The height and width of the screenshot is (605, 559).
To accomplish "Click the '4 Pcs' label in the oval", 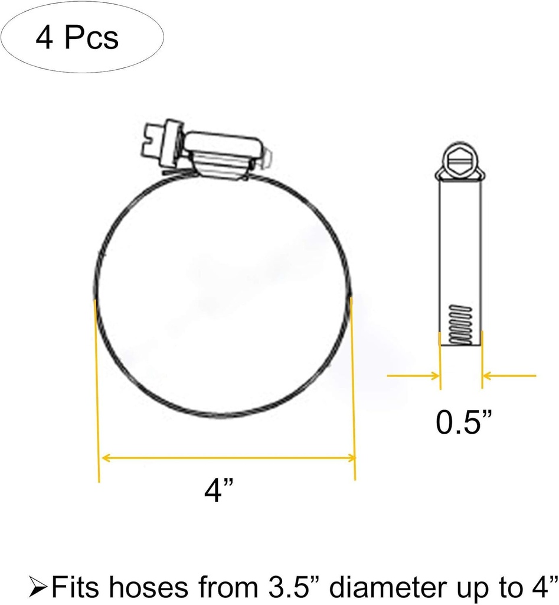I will [x=77, y=38].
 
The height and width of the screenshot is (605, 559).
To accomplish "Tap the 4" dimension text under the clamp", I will [x=218, y=490].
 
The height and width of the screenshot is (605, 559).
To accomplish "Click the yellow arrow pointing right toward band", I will [x=413, y=375].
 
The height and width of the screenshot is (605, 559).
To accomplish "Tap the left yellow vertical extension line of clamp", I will [x=97, y=390].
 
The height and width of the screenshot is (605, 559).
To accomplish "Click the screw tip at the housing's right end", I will [x=267, y=157].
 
